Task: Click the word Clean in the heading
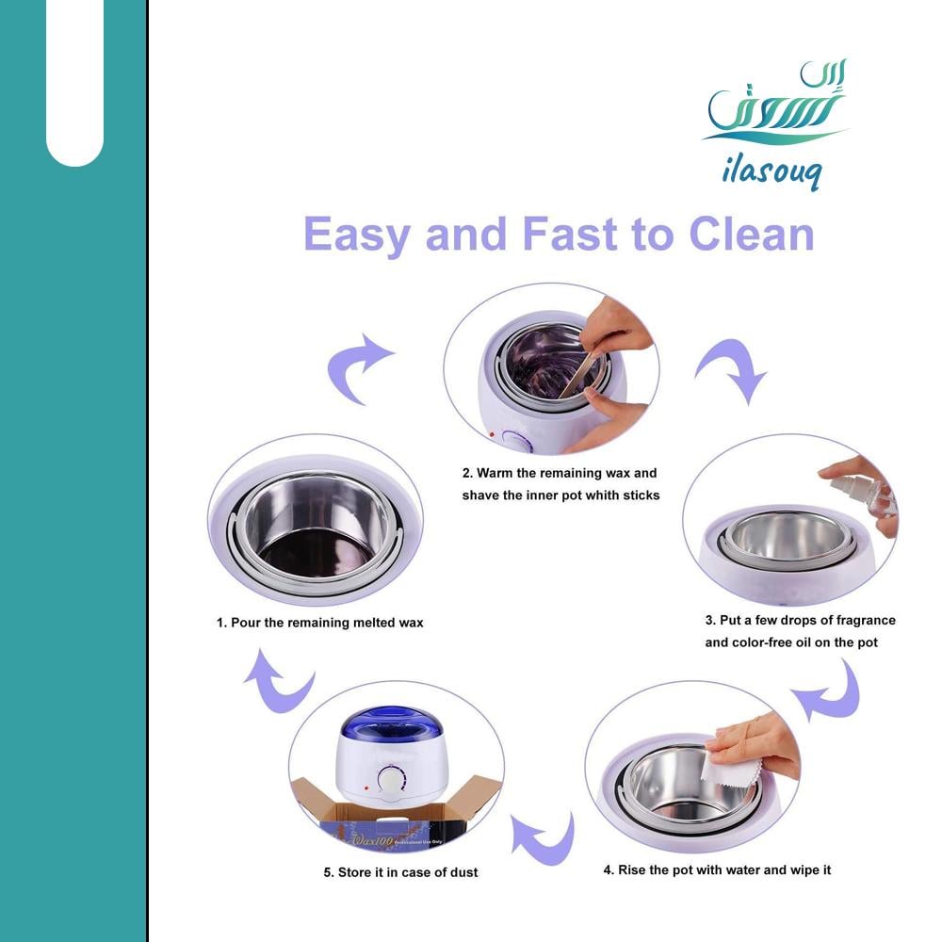coord(751,234)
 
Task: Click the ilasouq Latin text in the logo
coord(771,171)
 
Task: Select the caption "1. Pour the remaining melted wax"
coord(319,623)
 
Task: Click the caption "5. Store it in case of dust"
coord(400,872)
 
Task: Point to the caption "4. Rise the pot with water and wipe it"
coord(717,869)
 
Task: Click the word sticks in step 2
coord(641,495)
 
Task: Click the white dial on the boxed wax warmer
coord(391,782)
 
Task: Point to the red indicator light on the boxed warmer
coord(365,788)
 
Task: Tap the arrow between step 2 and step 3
coord(732,369)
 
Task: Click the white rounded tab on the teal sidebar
coord(74,83)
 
